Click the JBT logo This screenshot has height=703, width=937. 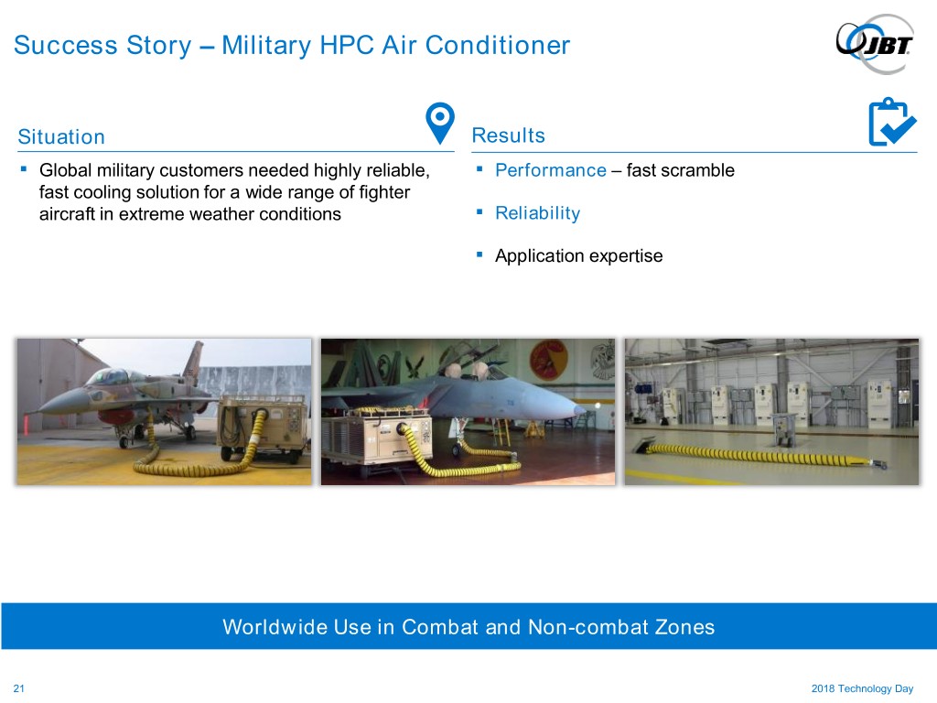(x=874, y=44)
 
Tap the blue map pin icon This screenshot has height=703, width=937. (x=440, y=123)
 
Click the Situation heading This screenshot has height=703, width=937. (x=61, y=137)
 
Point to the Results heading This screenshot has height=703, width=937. (x=509, y=135)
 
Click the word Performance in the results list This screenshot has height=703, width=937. (x=551, y=170)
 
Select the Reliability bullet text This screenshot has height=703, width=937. (x=538, y=213)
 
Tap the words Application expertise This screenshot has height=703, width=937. (x=579, y=256)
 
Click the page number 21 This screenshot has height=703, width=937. (x=19, y=688)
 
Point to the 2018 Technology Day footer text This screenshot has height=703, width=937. (x=862, y=688)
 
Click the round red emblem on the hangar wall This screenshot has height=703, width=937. (x=548, y=359)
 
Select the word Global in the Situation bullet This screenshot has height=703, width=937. (x=65, y=170)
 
